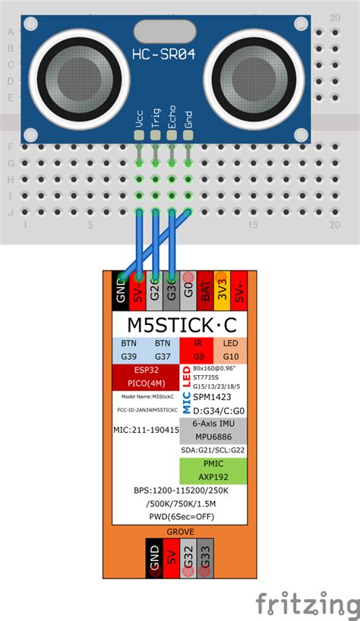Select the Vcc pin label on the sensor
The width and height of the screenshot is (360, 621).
tap(139, 120)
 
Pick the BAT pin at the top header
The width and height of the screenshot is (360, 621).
tap(204, 291)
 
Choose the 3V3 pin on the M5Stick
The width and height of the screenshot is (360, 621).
tap(221, 291)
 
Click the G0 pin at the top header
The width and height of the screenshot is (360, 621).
tap(188, 291)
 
